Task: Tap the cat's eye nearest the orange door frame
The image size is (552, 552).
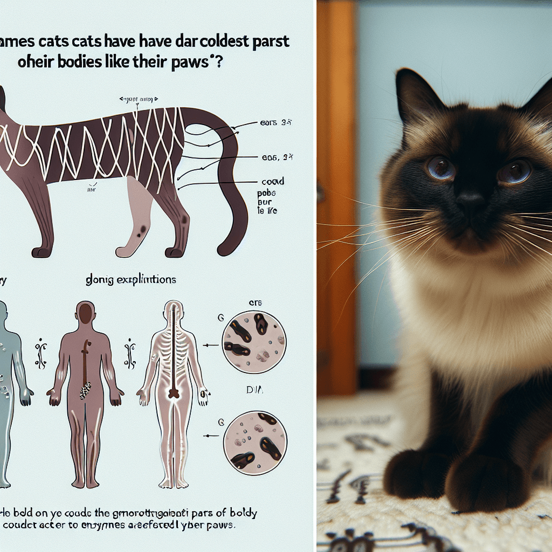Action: [440, 168]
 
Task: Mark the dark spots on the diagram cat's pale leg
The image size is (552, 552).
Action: [142, 231]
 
